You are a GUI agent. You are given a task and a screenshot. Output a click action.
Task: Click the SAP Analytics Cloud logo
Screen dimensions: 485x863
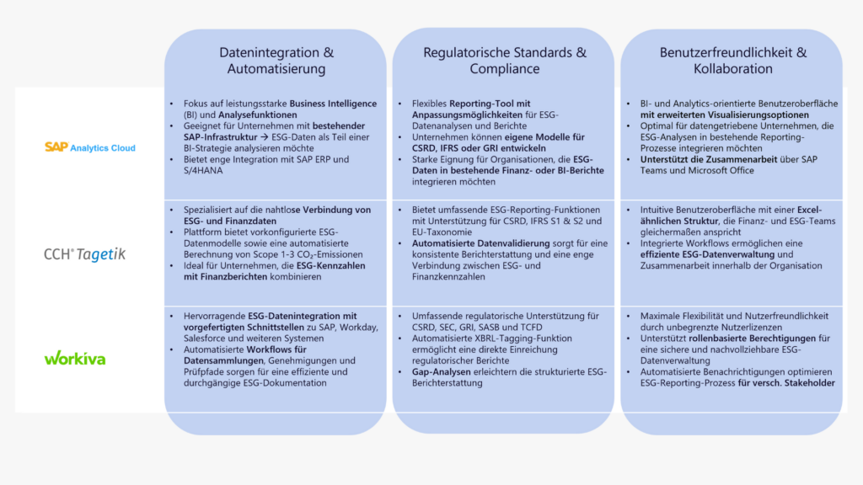point(89,147)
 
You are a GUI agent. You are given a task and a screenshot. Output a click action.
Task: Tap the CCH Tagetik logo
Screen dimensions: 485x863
point(84,253)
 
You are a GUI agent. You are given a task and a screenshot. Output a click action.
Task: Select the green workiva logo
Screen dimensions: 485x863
point(75,358)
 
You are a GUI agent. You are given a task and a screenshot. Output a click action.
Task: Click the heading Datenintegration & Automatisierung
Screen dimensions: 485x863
point(276,61)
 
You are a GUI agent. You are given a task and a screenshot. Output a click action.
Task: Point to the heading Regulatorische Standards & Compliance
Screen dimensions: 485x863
point(504,61)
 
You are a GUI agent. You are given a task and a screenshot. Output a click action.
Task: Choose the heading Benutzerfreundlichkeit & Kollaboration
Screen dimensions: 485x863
point(732,61)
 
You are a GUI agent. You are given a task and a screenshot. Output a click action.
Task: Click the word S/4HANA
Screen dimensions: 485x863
point(201,170)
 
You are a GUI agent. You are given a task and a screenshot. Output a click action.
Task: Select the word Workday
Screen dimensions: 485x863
point(357,327)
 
